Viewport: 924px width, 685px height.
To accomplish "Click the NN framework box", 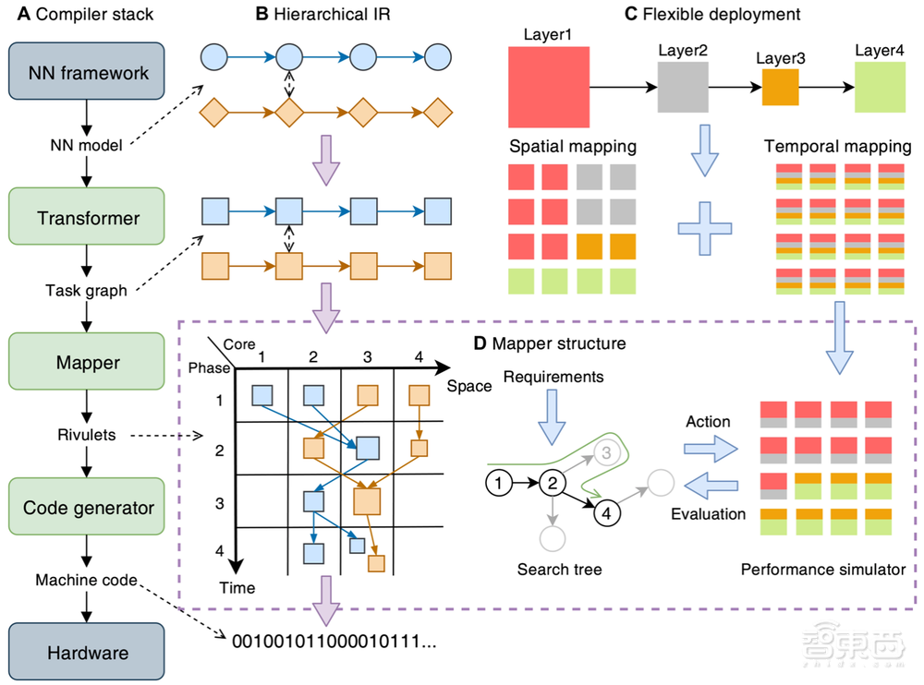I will point(85,72).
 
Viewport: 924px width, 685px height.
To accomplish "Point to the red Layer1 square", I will point(549,87).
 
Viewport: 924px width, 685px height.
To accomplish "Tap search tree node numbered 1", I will point(497,482).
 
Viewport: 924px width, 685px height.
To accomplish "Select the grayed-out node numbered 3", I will point(605,451).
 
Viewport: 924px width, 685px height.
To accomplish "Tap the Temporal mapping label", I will point(838,147).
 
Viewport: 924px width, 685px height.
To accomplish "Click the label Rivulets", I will point(85,434).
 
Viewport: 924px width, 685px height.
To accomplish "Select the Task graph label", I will point(85,290).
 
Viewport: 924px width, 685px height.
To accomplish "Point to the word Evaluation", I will point(709,513).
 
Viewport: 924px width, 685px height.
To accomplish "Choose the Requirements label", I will point(553,377).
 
